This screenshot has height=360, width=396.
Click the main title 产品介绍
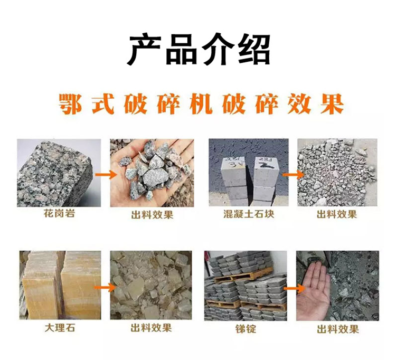[199, 49]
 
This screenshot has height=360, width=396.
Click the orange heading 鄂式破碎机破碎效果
[201, 104]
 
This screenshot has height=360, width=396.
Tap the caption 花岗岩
[59, 213]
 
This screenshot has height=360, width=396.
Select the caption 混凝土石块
[249, 214]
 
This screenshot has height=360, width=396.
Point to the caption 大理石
[60, 328]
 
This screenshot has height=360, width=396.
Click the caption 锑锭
[246, 329]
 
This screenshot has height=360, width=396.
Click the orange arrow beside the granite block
[106, 174]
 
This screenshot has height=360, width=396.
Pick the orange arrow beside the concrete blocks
[293, 175]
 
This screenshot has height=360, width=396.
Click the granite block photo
[59, 173]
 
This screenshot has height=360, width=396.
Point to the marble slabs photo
[60, 285]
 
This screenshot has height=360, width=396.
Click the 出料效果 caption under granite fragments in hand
[152, 215]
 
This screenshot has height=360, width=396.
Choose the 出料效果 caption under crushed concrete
[337, 214]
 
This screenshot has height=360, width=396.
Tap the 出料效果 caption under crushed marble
[151, 328]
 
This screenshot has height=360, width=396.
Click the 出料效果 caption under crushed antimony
[338, 329]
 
